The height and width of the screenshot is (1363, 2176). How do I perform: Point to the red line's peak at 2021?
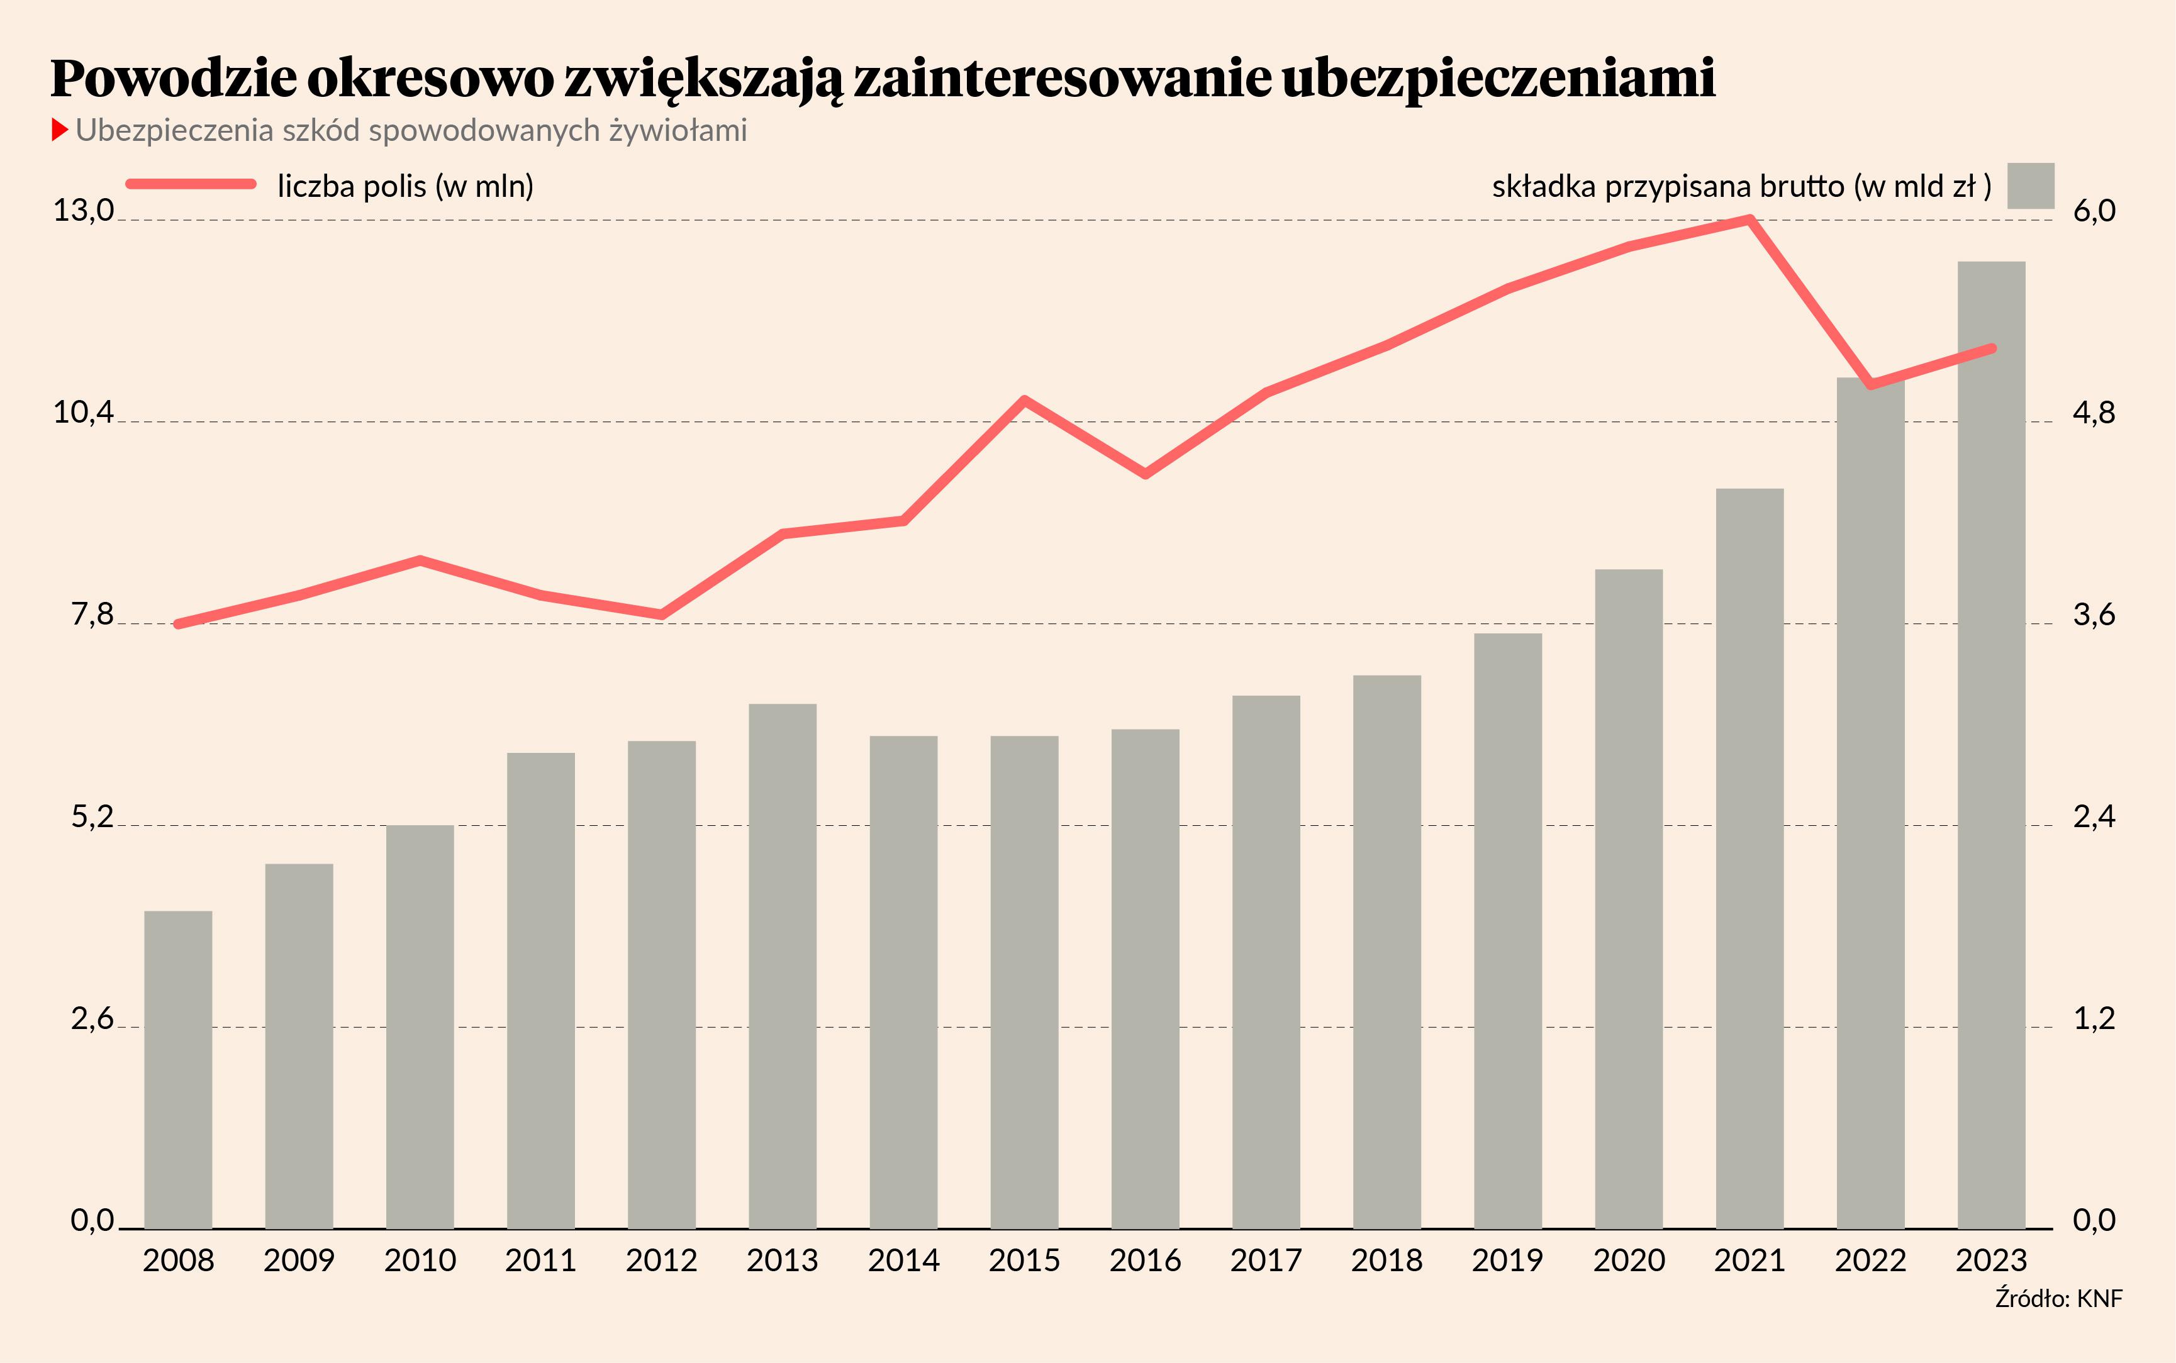click(x=1749, y=219)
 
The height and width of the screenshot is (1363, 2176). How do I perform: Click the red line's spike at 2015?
click(x=1025, y=399)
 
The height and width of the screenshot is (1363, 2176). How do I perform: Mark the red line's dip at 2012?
click(x=662, y=615)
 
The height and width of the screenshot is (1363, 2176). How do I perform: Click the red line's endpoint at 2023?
click(x=1991, y=348)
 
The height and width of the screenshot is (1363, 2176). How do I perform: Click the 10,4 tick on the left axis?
click(x=84, y=413)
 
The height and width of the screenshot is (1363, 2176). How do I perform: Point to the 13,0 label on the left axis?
click(x=84, y=211)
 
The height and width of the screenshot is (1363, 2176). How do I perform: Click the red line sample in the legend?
click(x=191, y=184)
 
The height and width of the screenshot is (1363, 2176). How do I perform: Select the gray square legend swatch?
click(x=2031, y=186)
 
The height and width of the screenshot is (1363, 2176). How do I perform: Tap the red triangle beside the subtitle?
click(x=60, y=130)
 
